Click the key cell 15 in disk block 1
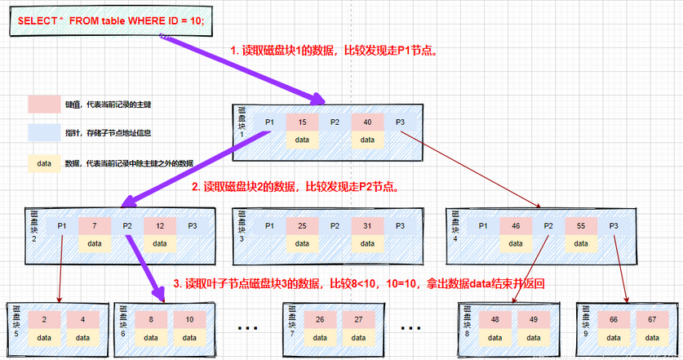click(x=302, y=122)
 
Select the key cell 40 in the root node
click(x=367, y=122)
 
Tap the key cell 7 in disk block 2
click(x=95, y=225)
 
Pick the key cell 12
click(x=160, y=225)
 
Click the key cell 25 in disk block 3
click(x=302, y=225)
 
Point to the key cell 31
click(x=367, y=225)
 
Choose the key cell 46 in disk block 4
click(x=516, y=225)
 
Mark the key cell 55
click(x=581, y=225)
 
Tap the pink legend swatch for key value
click(x=44, y=104)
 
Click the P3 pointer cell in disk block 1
click(x=401, y=122)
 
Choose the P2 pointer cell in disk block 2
click(x=127, y=225)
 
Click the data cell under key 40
click(x=367, y=140)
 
